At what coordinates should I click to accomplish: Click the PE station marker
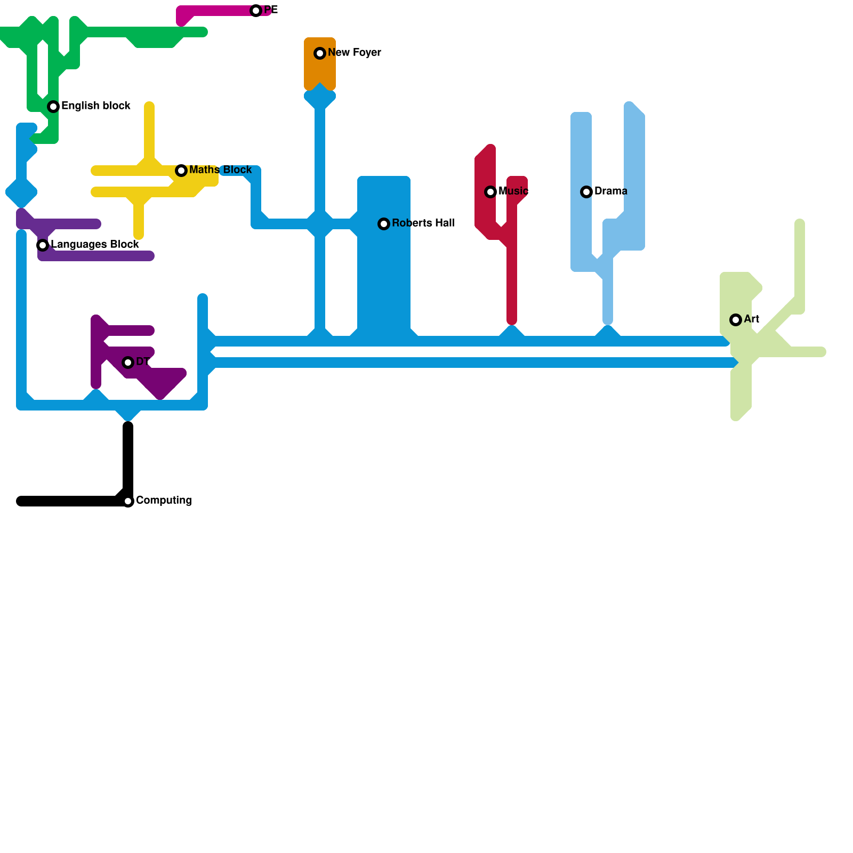click(x=256, y=11)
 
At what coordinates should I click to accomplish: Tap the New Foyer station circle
click(x=320, y=53)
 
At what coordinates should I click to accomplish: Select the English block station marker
click(x=53, y=107)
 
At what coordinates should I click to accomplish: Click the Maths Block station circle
click(x=181, y=171)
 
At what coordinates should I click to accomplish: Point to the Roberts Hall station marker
click(x=384, y=224)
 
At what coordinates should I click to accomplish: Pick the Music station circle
click(x=490, y=192)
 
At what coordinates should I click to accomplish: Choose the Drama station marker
click(x=586, y=192)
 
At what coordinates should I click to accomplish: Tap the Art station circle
click(x=736, y=320)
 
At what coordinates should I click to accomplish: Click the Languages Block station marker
click(x=43, y=245)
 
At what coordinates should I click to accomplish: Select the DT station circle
click(x=128, y=363)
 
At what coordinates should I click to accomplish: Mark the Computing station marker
click(x=128, y=501)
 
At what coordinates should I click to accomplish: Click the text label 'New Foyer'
click(x=355, y=53)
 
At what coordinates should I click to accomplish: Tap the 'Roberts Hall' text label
click(x=423, y=223)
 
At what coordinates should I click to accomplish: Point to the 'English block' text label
click(x=96, y=106)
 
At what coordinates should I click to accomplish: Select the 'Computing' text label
click(x=164, y=501)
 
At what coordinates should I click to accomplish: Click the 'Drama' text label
click(x=611, y=191)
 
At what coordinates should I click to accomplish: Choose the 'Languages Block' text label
click(x=95, y=245)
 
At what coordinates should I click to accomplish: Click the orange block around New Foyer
click(x=320, y=69)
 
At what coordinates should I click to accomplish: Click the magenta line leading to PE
click(x=219, y=11)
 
